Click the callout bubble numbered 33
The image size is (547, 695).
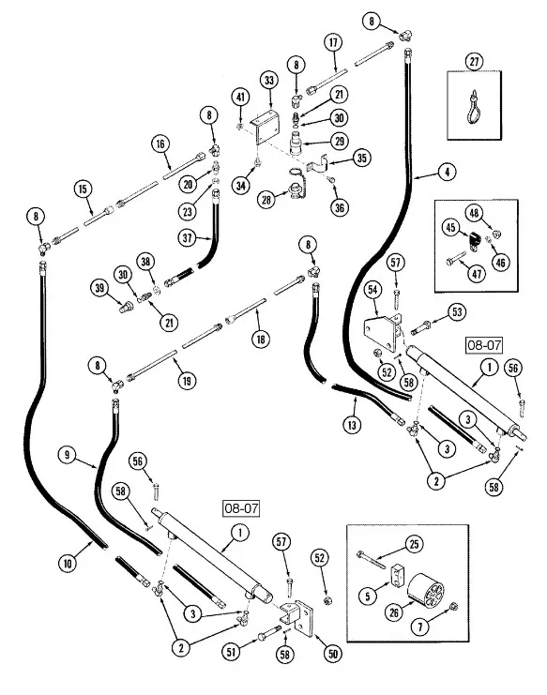click(x=269, y=82)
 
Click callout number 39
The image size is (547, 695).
click(x=99, y=286)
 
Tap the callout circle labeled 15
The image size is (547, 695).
click(x=84, y=189)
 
